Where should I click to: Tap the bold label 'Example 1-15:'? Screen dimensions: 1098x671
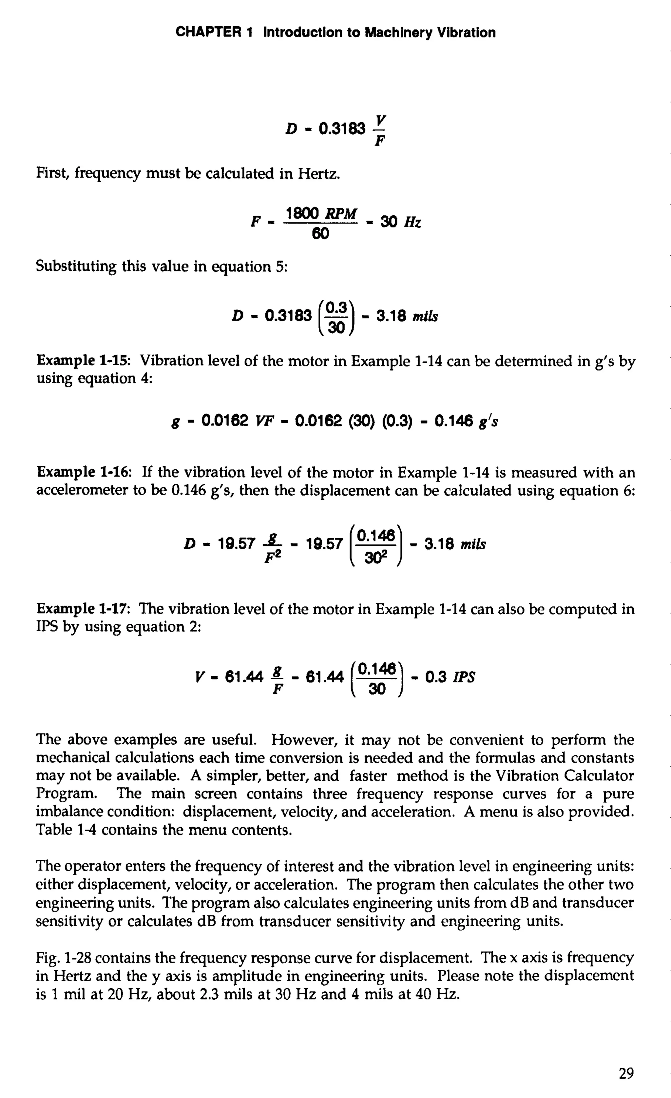[x=83, y=361]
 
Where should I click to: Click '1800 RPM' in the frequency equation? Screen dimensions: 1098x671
[x=321, y=214]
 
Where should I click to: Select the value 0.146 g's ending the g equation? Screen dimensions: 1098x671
[x=466, y=421]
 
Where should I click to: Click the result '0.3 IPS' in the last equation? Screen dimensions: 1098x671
[x=450, y=677]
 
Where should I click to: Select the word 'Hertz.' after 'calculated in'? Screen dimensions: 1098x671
[x=318, y=173]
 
